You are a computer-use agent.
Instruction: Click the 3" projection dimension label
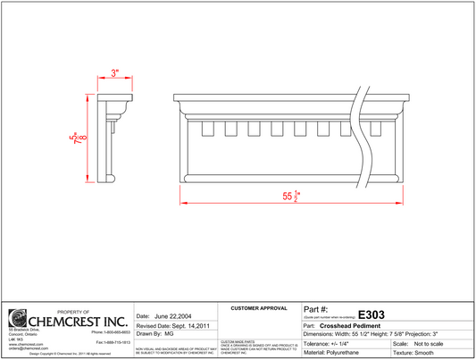click(114, 71)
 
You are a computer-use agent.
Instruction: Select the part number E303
click(371, 314)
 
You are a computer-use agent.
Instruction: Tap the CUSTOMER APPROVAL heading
click(259, 308)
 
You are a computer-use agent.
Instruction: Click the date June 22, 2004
click(173, 316)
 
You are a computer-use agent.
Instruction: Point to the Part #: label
click(317, 308)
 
